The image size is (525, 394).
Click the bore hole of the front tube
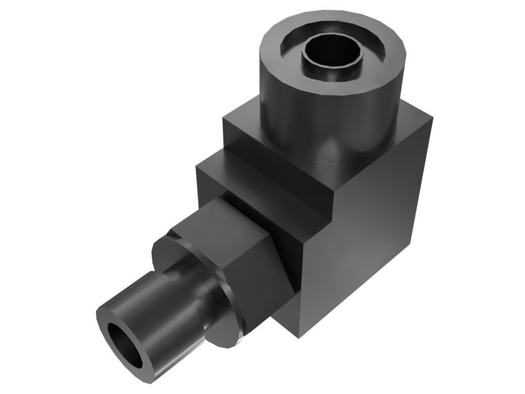[125, 345]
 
